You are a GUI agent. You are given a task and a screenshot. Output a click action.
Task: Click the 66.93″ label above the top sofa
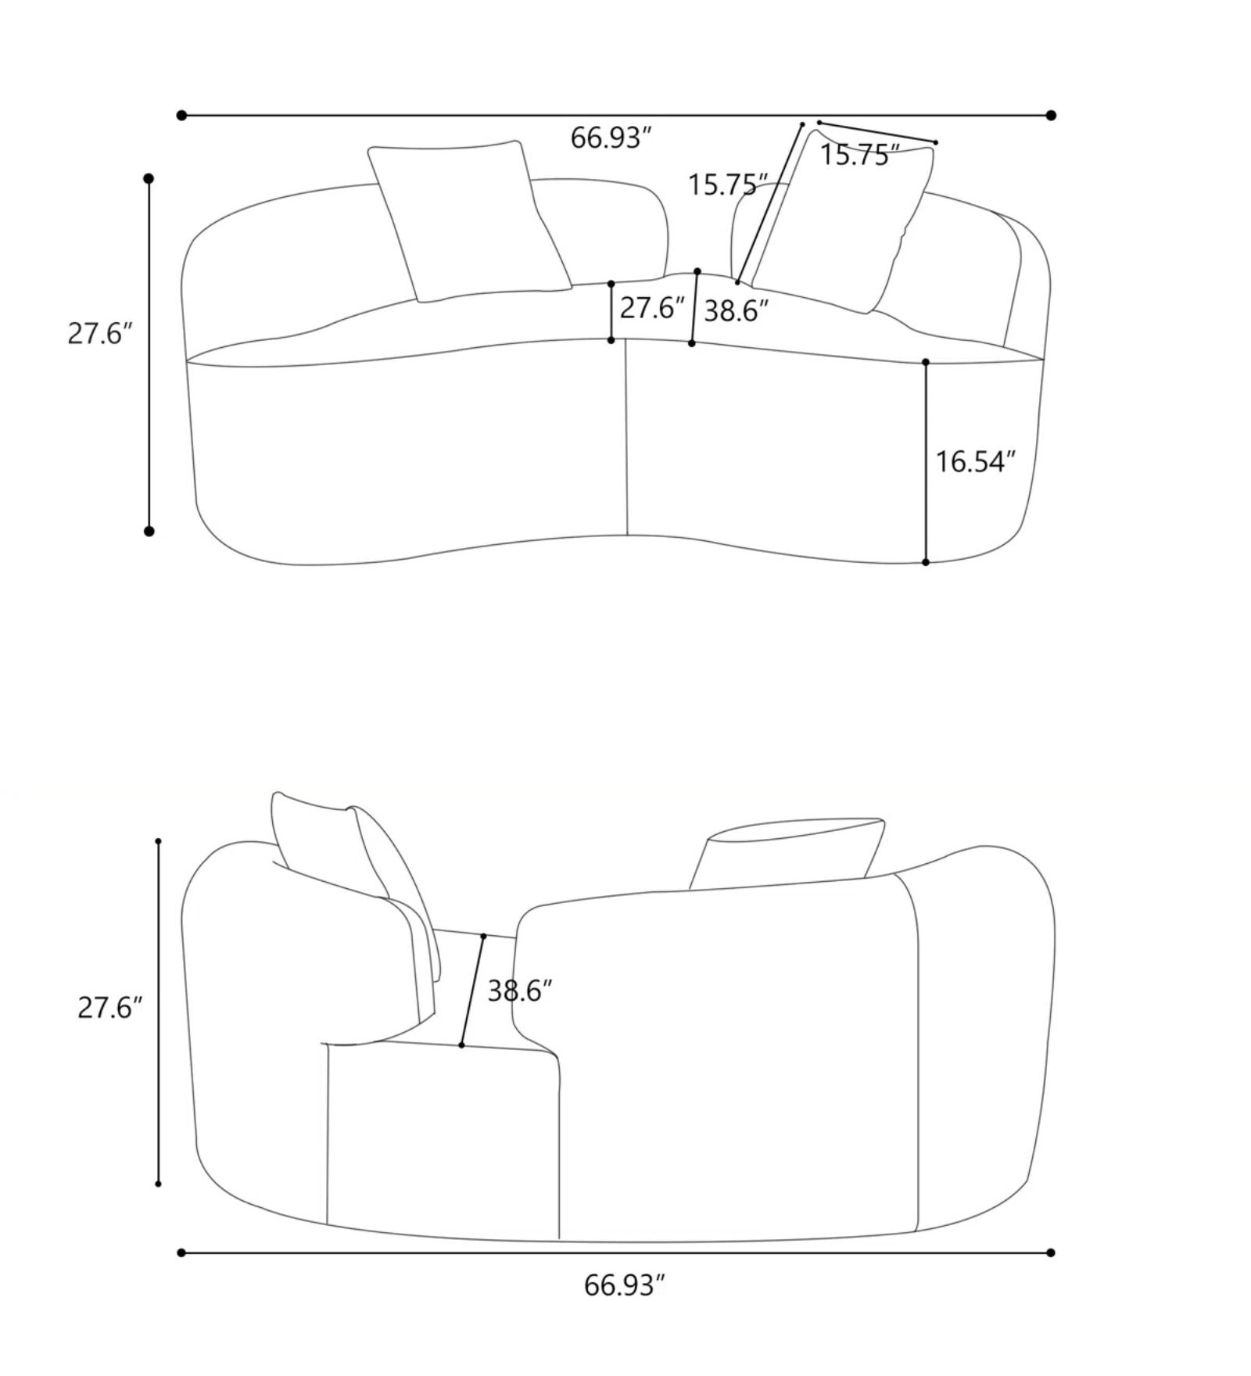click(x=611, y=138)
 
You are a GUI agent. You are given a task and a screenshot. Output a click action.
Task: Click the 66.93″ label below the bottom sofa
click(x=625, y=1285)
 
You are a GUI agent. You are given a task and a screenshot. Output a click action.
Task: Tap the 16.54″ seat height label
click(x=975, y=461)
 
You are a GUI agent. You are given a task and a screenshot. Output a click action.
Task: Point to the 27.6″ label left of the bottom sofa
click(x=110, y=1008)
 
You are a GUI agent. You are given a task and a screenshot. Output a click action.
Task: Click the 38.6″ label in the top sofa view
click(x=737, y=311)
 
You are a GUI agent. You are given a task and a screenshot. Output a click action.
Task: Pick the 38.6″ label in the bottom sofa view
click(x=520, y=991)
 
